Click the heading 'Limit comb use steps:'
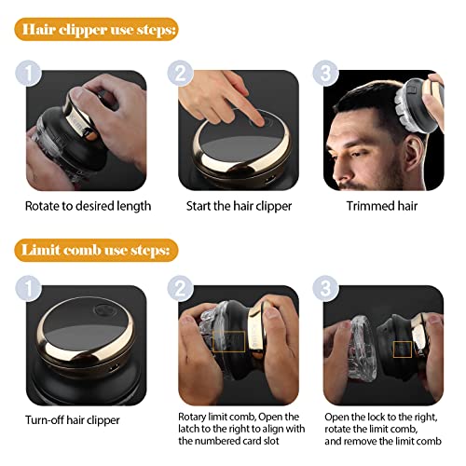click(x=96, y=250)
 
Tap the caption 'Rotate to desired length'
click(x=88, y=206)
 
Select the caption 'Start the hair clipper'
click(x=239, y=206)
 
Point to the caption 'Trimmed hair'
click(x=382, y=206)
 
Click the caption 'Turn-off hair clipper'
click(x=73, y=420)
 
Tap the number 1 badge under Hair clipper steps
click(x=28, y=74)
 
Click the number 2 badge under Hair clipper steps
click(x=181, y=74)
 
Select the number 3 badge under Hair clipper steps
click(x=325, y=74)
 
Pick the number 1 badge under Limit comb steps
click(x=28, y=288)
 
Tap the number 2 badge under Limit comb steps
click(x=181, y=288)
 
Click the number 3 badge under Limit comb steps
click(x=325, y=288)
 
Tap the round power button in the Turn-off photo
click(x=104, y=310)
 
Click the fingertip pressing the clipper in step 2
click(x=258, y=120)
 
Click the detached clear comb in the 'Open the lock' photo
click(x=363, y=349)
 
